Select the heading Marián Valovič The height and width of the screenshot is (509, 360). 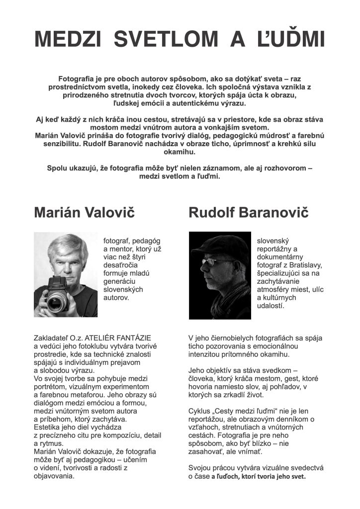pos(84,213)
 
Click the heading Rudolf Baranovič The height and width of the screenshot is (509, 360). pos(249,213)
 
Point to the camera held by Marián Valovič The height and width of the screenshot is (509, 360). pos(59,293)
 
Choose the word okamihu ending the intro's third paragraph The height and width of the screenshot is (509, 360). pos(180,151)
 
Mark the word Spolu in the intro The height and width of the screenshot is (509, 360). pos(57,168)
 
